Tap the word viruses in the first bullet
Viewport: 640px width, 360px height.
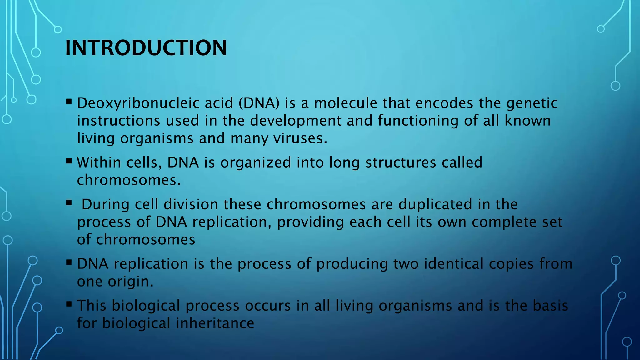point(300,138)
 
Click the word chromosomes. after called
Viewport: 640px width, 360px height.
point(129,180)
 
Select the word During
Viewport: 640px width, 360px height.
point(106,204)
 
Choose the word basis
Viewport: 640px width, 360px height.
point(550,305)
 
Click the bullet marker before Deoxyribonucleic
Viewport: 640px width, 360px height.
point(69,102)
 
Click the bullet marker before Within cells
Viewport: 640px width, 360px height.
point(69,161)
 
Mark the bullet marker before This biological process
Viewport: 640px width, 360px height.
point(69,304)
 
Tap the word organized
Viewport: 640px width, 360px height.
point(256,162)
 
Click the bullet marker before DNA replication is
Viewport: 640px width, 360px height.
point(69,262)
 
